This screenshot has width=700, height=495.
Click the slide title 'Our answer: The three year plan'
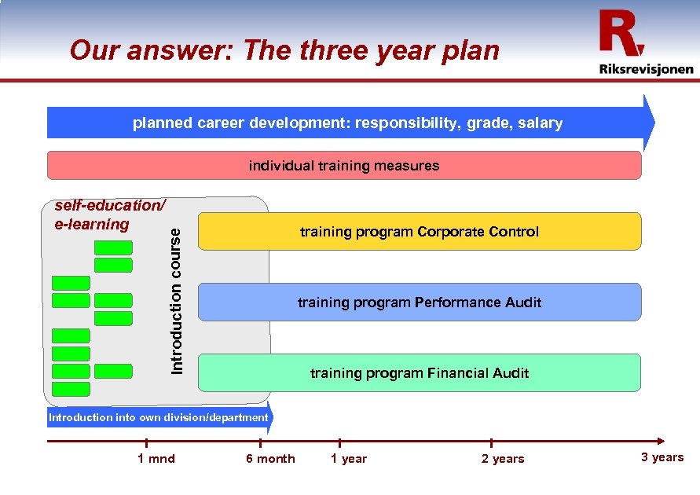click(284, 50)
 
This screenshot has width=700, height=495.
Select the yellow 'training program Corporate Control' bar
click(420, 232)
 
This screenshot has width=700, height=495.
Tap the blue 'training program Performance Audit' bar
click(420, 302)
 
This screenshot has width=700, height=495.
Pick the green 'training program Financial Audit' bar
click(420, 373)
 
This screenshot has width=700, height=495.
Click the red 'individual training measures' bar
click(344, 166)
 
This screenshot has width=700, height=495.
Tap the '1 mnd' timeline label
click(156, 459)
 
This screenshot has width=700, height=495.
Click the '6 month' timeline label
click(270, 459)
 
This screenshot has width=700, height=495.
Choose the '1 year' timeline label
click(348, 459)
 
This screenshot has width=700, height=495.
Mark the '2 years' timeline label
click(503, 459)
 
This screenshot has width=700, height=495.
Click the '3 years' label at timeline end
click(662, 457)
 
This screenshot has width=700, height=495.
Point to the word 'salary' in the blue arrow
click(541, 123)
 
